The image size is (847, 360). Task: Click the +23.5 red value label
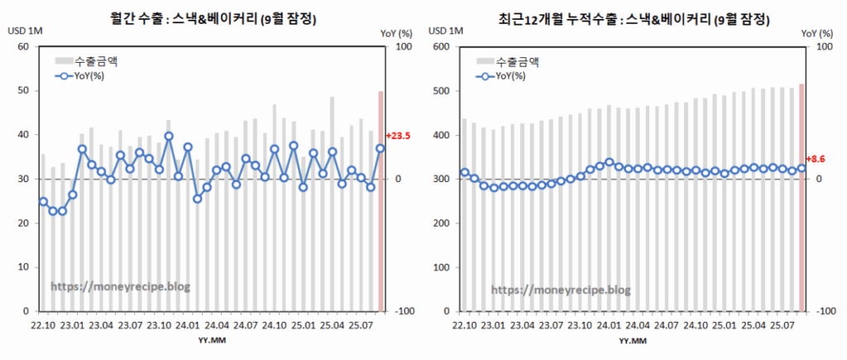click(399, 137)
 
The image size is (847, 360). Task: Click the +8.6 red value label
click(816, 157)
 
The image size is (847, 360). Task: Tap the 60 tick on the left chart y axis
click(23, 46)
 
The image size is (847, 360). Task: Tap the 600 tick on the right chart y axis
click(441, 46)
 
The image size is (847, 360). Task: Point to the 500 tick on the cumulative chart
click(441, 91)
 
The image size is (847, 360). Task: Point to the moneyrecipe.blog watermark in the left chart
click(121, 286)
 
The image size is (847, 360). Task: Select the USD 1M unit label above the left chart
click(26, 31)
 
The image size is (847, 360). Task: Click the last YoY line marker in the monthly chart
click(380, 148)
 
